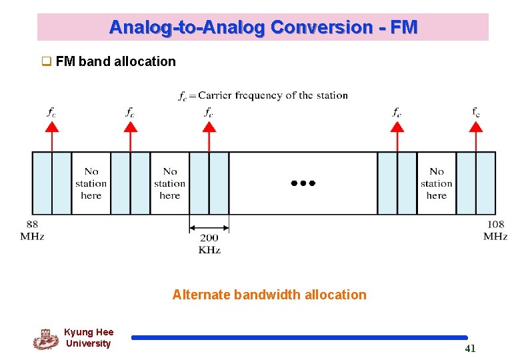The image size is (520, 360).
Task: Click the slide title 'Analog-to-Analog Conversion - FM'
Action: [x=263, y=27]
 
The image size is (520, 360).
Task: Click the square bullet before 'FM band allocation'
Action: [x=47, y=62]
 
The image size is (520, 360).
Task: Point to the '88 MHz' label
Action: [x=32, y=230]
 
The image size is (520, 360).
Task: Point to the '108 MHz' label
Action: [x=495, y=230]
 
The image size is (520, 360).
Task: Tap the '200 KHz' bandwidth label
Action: [x=209, y=243]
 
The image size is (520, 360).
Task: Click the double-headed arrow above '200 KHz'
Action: [x=209, y=227]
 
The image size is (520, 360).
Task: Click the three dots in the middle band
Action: [x=303, y=183]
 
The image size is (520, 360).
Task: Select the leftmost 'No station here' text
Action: [x=91, y=183]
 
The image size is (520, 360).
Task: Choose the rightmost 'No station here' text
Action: [x=437, y=183]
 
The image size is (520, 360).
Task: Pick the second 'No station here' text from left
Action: [x=170, y=183]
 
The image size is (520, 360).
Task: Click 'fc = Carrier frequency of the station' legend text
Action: [x=263, y=95]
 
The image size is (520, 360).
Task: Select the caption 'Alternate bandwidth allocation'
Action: [x=269, y=295]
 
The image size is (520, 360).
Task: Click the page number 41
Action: [x=470, y=348]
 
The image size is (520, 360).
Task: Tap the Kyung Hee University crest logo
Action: [x=45, y=339]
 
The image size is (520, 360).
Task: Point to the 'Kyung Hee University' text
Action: [x=89, y=338]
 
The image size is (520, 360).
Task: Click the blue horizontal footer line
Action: [x=299, y=337]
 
